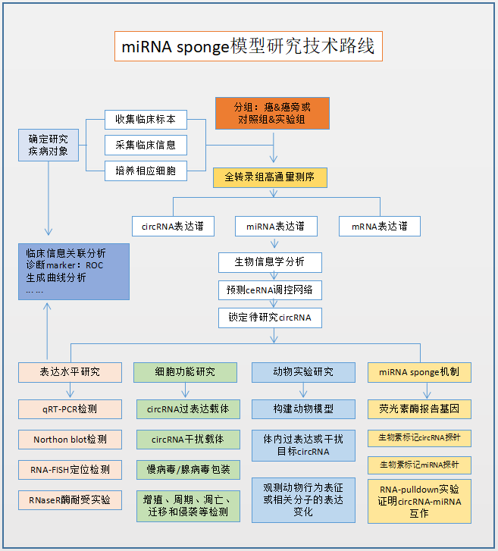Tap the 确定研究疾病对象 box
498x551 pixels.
point(49,145)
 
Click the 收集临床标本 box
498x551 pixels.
point(146,120)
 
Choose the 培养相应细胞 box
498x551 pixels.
point(146,171)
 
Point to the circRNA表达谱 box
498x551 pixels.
point(173,226)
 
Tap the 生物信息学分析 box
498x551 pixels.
point(270,262)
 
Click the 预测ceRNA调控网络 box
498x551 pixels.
point(270,290)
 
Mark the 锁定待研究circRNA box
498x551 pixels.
point(270,317)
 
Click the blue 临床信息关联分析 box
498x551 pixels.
point(74,271)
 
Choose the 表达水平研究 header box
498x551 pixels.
point(70,372)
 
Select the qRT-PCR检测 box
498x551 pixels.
point(70,409)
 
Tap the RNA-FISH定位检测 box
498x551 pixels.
point(70,470)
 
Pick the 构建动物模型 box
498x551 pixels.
point(303,409)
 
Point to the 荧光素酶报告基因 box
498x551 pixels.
point(419,409)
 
